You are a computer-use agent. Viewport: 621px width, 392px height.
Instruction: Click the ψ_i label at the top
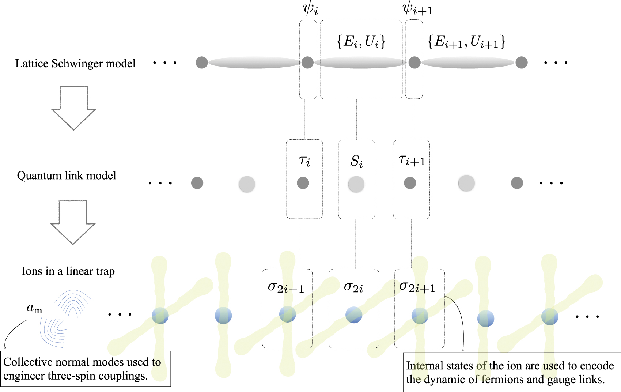(x=310, y=9)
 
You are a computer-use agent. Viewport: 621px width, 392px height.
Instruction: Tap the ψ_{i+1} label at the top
(x=417, y=9)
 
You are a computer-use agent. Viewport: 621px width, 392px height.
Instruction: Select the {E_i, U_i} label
(x=361, y=42)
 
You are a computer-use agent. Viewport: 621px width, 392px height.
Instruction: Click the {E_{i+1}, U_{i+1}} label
(x=466, y=42)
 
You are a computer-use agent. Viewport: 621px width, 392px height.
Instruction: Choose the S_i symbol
(x=356, y=161)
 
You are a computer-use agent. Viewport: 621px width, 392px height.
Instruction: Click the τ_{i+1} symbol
(x=412, y=160)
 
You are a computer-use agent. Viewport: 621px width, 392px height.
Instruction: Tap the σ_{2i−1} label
(x=286, y=287)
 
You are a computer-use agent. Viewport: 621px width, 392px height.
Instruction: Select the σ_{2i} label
(x=353, y=287)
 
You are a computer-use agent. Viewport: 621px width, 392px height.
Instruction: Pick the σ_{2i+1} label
(x=417, y=287)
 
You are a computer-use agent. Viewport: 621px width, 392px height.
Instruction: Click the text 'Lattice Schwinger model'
(x=75, y=64)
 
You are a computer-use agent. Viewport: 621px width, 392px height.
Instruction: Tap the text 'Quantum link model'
(x=67, y=176)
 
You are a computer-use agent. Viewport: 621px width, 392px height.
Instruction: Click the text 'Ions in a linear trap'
(x=68, y=271)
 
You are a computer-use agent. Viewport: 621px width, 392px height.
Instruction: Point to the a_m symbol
(x=34, y=308)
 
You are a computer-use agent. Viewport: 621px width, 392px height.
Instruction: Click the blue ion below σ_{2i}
(x=354, y=315)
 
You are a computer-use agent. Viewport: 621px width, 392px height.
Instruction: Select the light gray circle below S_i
(x=356, y=184)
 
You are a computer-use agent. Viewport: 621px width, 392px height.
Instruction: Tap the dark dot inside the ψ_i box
(x=307, y=63)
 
